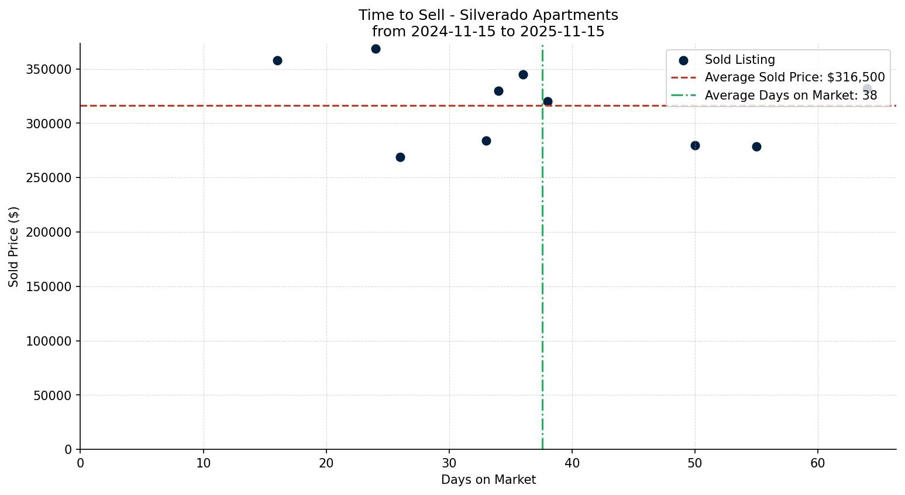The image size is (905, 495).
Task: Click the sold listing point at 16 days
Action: pos(277,61)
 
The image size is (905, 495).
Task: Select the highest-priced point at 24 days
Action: pos(376,49)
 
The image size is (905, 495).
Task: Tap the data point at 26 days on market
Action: pos(400,158)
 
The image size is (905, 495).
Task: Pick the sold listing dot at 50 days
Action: pos(695,146)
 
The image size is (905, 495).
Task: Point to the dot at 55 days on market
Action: pos(756,147)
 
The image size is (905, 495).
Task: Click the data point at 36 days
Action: pos(523,75)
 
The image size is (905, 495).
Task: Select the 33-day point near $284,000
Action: pos(486,141)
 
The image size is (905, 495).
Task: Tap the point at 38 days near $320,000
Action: pos(548,102)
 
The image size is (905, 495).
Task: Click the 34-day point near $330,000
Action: pos(498,91)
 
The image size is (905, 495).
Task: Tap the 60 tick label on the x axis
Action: pos(817,463)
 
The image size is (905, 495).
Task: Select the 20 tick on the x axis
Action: pos(326,463)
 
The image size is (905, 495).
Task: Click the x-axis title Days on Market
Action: pos(488,480)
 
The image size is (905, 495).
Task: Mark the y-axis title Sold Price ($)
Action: pos(14,247)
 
